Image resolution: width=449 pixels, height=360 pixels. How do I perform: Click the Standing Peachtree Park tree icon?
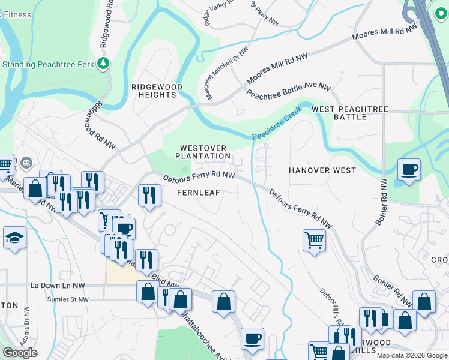104,63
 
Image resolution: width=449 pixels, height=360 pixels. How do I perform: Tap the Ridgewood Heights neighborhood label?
157,91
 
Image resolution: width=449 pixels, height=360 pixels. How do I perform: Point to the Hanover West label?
322,170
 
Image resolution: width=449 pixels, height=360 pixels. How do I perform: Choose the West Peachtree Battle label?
350,113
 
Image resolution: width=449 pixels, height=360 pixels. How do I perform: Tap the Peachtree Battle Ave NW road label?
289,92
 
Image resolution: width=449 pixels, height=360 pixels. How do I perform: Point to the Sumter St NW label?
68,299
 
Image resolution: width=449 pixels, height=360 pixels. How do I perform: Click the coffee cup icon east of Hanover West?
409,169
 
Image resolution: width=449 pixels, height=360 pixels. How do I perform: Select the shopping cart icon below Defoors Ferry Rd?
314,241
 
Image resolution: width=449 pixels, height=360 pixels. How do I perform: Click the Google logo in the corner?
20,352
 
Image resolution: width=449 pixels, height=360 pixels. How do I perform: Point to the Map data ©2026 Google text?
411,355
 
